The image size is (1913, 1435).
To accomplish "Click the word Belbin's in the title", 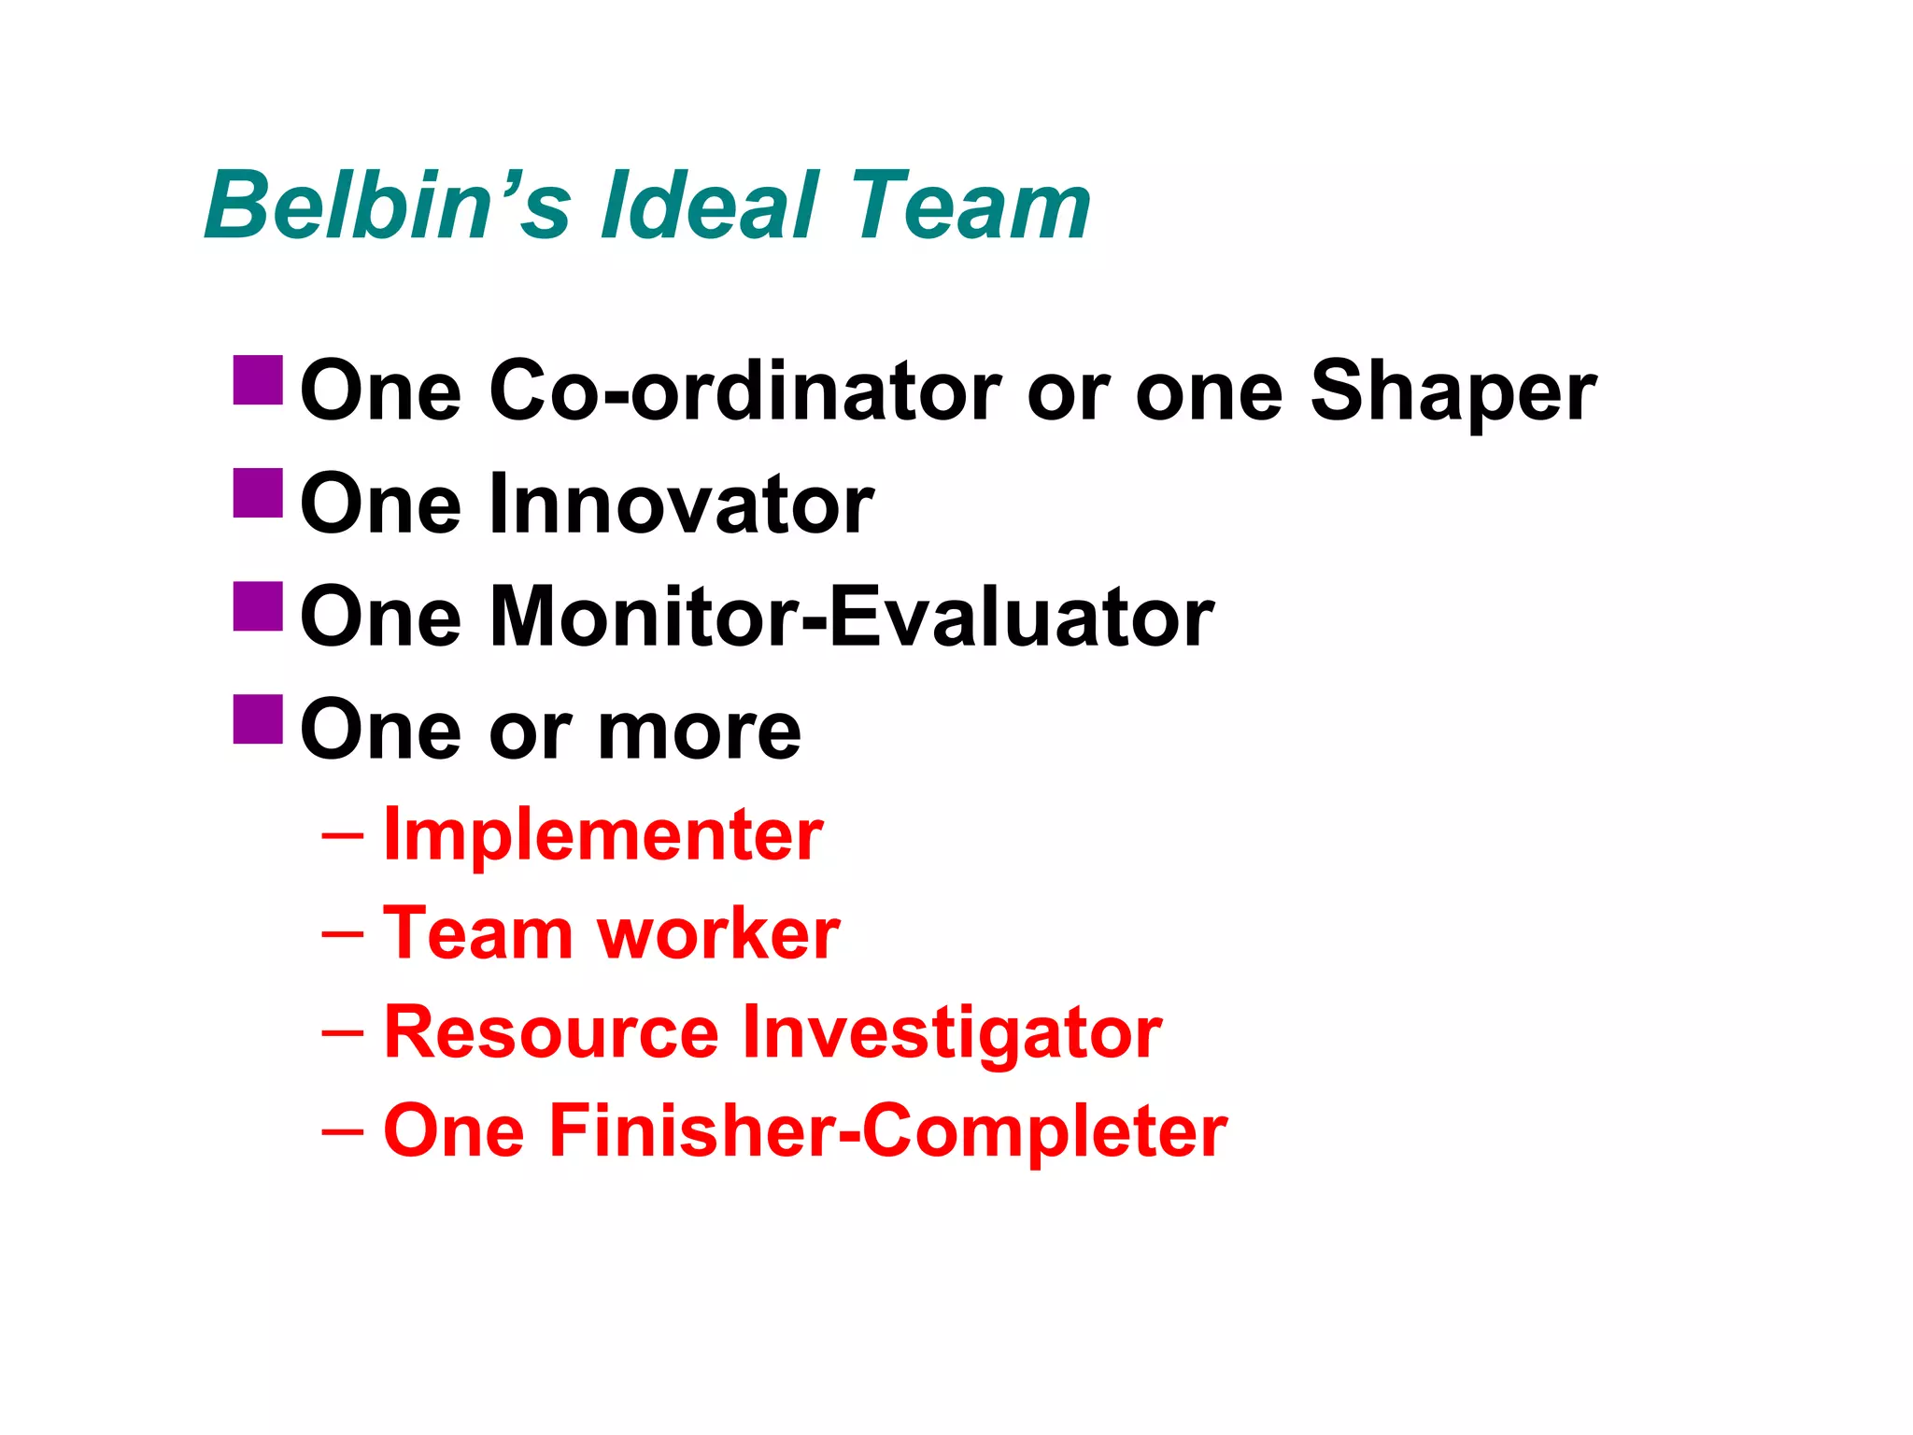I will click(x=387, y=206).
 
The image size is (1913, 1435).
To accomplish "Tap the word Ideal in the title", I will click(x=710, y=206).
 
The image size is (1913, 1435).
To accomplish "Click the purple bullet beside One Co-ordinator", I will click(x=258, y=380).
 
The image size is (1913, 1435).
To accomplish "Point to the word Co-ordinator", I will click(x=744, y=391).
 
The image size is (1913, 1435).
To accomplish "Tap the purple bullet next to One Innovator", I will click(x=258, y=493).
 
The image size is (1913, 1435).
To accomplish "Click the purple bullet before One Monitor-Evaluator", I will click(x=258, y=606).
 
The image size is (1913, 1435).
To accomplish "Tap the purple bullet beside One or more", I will click(x=258, y=719).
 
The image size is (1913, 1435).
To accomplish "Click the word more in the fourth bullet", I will click(x=699, y=732).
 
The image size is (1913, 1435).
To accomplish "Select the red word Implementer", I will click(x=603, y=835).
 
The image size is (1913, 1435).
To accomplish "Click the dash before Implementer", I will click(x=342, y=835).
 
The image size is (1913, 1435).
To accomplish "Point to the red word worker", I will click(x=718, y=934).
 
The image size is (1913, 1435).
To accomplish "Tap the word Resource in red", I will click(x=551, y=1032).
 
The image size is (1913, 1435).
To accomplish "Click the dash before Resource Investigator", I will click(x=342, y=1032).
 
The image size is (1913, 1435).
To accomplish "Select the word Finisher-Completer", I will click(x=887, y=1131).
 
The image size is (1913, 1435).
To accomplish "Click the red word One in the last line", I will click(x=454, y=1131).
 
